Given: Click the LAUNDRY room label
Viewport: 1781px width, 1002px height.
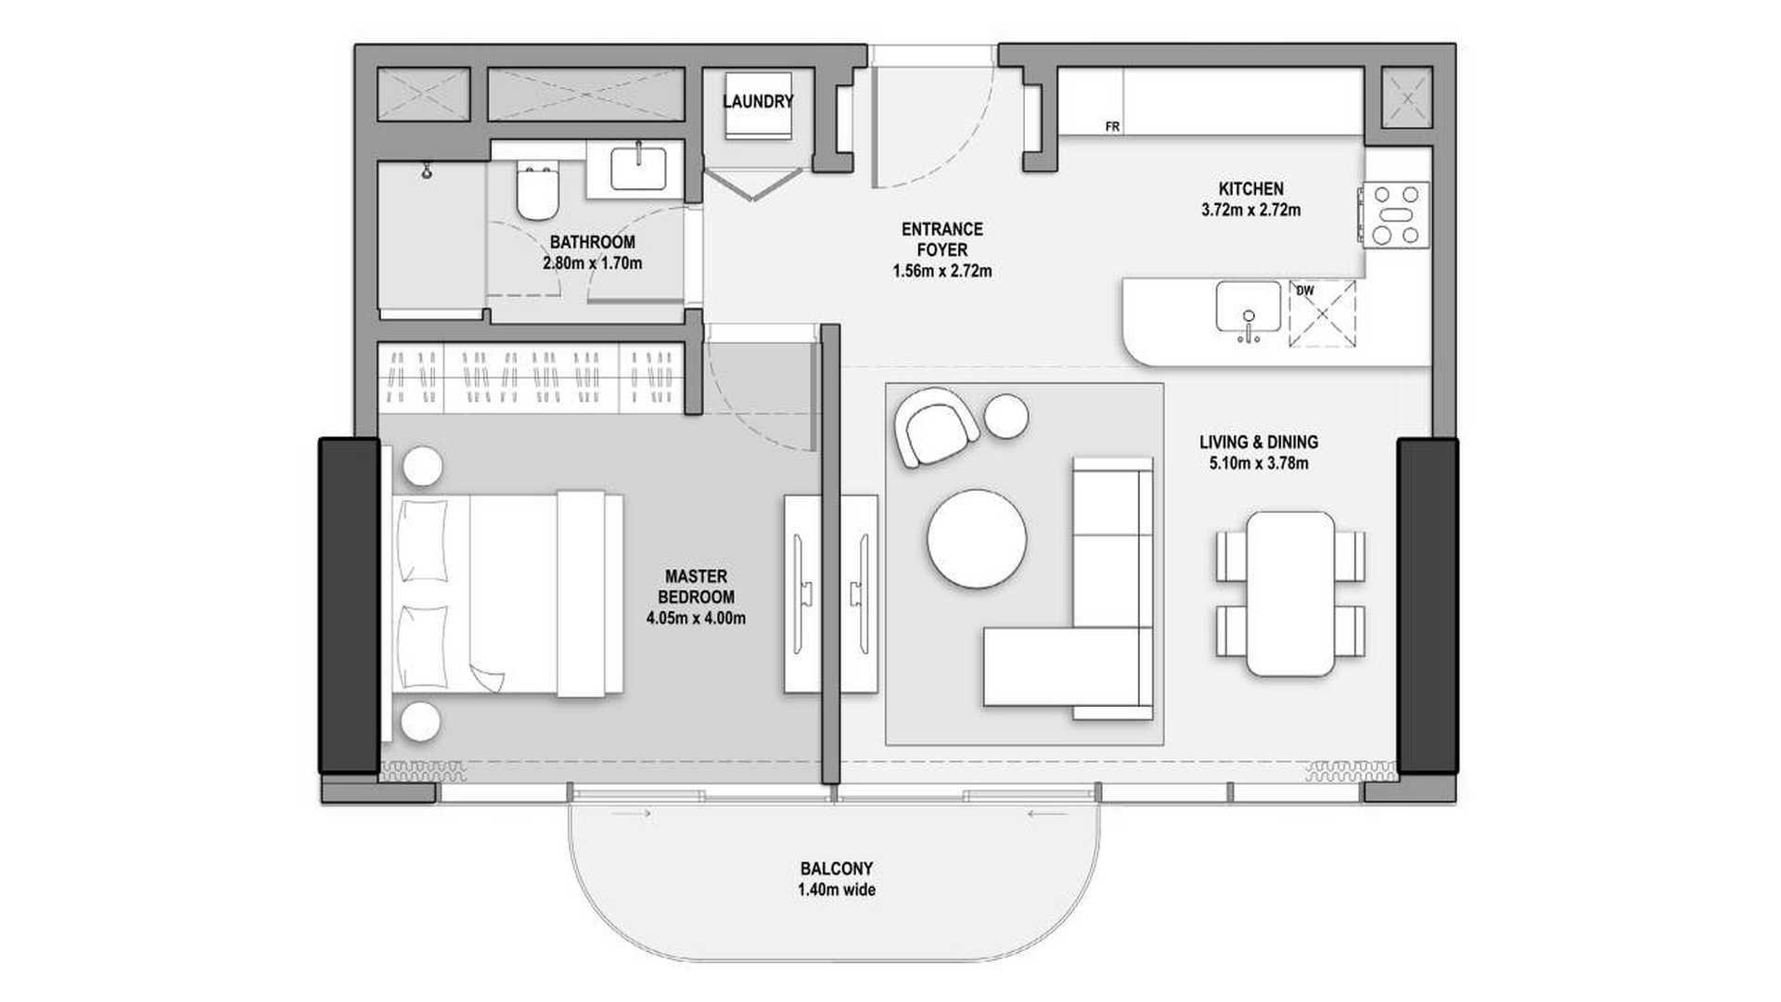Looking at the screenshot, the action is click(x=758, y=101).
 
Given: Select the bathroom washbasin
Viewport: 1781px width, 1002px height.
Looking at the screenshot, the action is click(x=637, y=169).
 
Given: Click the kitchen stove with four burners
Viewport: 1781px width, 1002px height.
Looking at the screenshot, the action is click(x=1396, y=214).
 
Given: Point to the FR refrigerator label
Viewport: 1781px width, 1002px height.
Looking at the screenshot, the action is click(x=1112, y=127).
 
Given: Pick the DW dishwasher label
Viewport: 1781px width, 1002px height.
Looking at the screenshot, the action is click(x=1305, y=290).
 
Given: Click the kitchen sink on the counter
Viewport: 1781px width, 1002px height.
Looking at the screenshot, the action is click(x=1249, y=307).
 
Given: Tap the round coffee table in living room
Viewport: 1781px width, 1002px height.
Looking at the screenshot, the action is click(x=977, y=538).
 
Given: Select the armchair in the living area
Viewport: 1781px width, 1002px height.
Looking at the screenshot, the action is click(x=935, y=427).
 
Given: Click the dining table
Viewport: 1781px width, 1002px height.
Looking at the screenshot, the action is click(x=1290, y=594).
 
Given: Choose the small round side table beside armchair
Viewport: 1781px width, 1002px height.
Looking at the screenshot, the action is click(x=1006, y=415).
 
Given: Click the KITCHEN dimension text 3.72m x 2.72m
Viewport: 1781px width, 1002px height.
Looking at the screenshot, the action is click(x=1250, y=211).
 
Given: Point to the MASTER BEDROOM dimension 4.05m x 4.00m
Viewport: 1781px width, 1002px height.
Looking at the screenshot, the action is click(x=696, y=618).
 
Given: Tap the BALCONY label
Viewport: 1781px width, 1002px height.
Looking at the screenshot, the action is click(x=837, y=869).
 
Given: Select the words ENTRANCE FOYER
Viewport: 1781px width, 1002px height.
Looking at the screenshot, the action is click(x=942, y=239).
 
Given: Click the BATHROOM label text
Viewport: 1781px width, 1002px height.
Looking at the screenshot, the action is click(x=593, y=242).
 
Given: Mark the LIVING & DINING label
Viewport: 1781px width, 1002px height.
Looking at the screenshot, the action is click(x=1259, y=443).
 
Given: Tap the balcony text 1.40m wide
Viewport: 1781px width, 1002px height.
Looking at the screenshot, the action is click(x=837, y=891).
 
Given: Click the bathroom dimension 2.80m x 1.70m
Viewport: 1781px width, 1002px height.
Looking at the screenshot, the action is click(x=593, y=263).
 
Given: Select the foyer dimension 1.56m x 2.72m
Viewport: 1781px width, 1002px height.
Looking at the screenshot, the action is click(x=942, y=272).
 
